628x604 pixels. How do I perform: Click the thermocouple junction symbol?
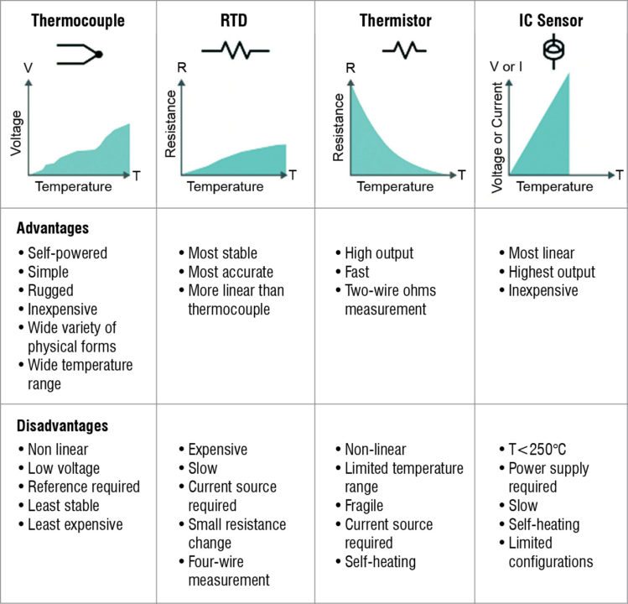pyautogui.click(x=80, y=55)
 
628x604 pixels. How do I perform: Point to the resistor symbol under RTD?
pyautogui.click(x=235, y=51)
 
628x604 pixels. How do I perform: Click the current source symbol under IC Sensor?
pyautogui.click(x=551, y=51)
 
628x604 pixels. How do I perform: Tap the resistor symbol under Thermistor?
pyautogui.click(x=403, y=51)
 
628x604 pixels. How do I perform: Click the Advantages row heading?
pyautogui.click(x=53, y=228)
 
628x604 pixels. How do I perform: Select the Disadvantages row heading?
pyautogui.click(x=62, y=425)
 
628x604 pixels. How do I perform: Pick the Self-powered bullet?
pyautogui.click(x=67, y=253)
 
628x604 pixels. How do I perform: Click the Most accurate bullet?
pyautogui.click(x=231, y=272)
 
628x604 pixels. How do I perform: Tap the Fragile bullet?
pyautogui.click(x=363, y=506)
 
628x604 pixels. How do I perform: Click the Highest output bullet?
pyautogui.click(x=551, y=272)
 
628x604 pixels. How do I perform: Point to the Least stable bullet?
pyautogui.click(x=63, y=506)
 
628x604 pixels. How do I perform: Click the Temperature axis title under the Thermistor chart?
pyautogui.click(x=396, y=186)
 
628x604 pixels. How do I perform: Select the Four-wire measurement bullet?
pyautogui.click(x=228, y=570)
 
